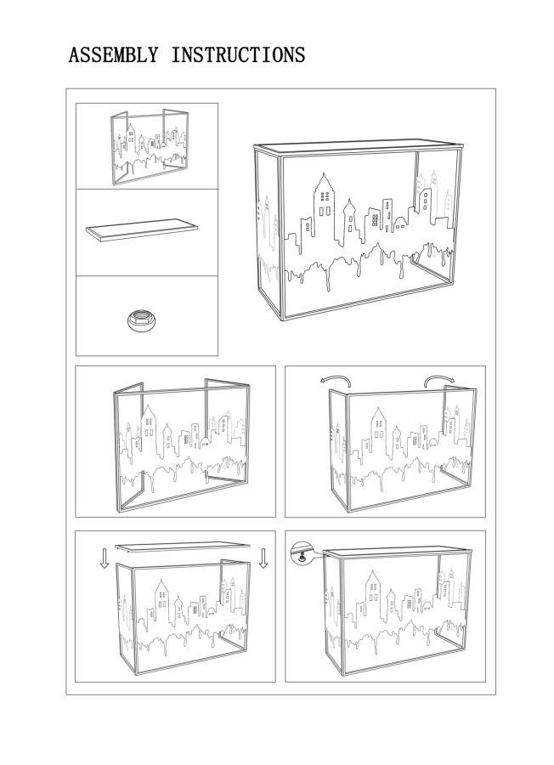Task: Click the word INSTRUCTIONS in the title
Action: [238, 56]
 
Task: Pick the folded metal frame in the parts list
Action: [149, 146]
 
